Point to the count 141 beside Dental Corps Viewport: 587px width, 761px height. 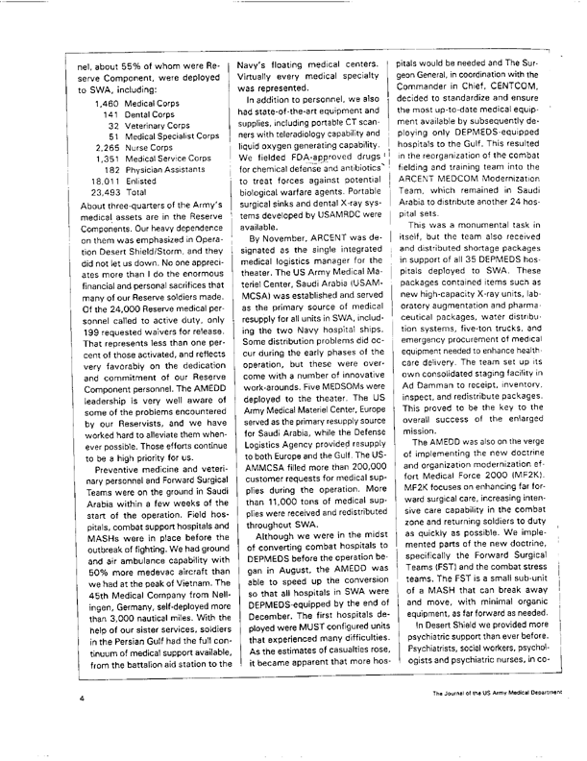click(x=114, y=112)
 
